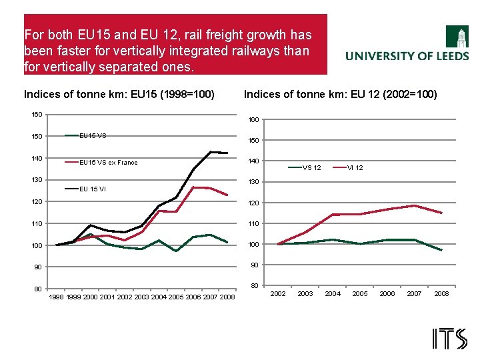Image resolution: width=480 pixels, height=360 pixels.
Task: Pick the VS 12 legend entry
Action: click(x=311, y=167)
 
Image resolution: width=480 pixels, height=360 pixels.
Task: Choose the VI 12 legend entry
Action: click(x=355, y=167)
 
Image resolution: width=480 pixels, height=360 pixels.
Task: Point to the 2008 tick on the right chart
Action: click(x=441, y=293)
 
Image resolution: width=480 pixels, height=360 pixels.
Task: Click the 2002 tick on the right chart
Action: click(x=277, y=293)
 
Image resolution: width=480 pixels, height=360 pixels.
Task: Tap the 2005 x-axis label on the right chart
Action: click(x=359, y=293)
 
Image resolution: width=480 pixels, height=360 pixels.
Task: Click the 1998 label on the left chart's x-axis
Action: click(x=57, y=297)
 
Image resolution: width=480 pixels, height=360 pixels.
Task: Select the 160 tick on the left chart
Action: click(x=37, y=115)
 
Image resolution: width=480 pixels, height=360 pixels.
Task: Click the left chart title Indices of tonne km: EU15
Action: click(x=119, y=94)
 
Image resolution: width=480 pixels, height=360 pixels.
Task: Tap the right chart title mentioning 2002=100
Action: click(x=341, y=94)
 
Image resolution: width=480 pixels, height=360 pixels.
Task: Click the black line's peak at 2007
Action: click(x=211, y=152)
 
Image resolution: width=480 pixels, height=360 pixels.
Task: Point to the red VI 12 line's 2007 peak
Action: click(x=414, y=205)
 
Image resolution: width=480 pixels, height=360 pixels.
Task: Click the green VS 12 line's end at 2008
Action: click(x=441, y=250)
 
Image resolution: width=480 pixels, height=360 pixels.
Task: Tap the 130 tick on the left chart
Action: click(x=37, y=180)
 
